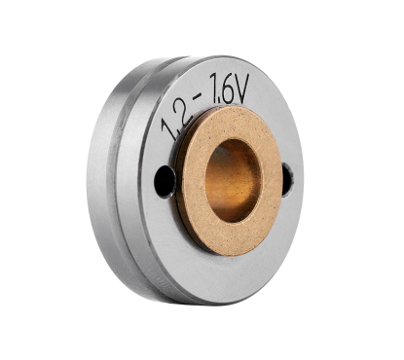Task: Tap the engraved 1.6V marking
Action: tap(229, 90)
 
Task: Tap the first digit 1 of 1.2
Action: tap(167, 128)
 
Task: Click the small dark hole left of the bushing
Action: tap(165, 181)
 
